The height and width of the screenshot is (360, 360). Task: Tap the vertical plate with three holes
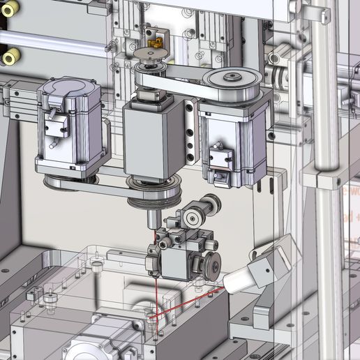[x=190, y=133]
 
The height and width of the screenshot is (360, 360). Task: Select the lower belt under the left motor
[x=91, y=187]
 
